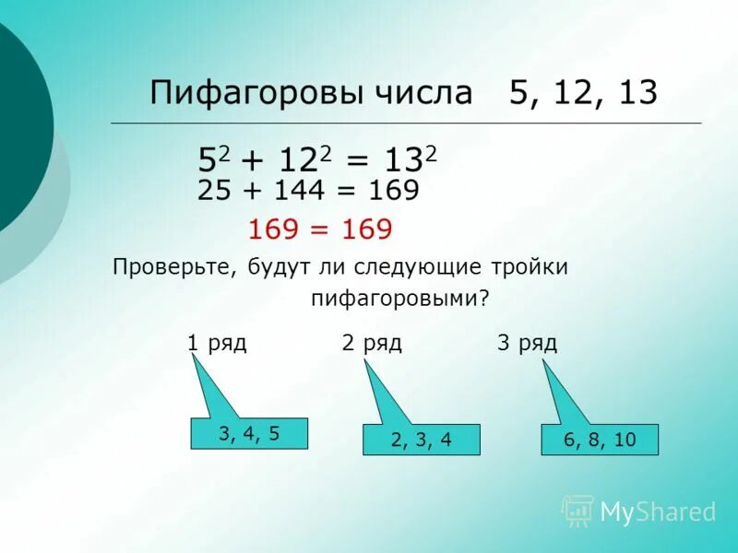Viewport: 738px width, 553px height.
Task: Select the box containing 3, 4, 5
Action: point(249,433)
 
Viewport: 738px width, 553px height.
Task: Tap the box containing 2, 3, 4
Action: point(422,440)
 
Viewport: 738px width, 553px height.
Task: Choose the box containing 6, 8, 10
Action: point(600,440)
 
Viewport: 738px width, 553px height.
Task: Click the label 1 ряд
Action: point(217,344)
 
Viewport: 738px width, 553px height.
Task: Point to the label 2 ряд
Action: point(372,344)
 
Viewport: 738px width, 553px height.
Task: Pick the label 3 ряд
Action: point(527,344)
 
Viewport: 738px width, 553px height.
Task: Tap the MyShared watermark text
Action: point(659,512)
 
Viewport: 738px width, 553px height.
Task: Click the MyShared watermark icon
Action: point(578,510)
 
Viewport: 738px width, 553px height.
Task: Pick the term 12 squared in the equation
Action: point(305,160)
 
